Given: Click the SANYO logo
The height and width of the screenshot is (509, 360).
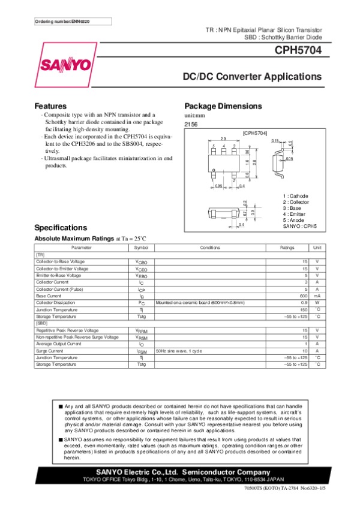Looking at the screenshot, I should click(x=67, y=64).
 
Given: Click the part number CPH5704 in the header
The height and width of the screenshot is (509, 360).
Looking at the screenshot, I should click(x=299, y=51).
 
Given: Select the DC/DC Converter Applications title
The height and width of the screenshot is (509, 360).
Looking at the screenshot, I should click(x=252, y=77).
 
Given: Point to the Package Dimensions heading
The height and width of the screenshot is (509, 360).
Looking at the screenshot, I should click(x=223, y=106).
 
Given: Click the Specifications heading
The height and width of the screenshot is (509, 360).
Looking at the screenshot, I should click(x=61, y=228).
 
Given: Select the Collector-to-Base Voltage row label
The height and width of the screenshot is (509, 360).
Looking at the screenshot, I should click(x=60, y=261).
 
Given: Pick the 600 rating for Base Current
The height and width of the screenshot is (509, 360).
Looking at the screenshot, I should click(x=304, y=296).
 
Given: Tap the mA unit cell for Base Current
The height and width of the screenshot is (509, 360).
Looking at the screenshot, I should click(x=317, y=296).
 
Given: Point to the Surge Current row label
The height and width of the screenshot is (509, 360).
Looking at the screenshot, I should click(x=50, y=351).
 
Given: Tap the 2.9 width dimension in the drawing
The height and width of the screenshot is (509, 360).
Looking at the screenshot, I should click(x=223, y=139).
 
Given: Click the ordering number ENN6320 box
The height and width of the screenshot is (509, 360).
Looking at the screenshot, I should click(x=63, y=22).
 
